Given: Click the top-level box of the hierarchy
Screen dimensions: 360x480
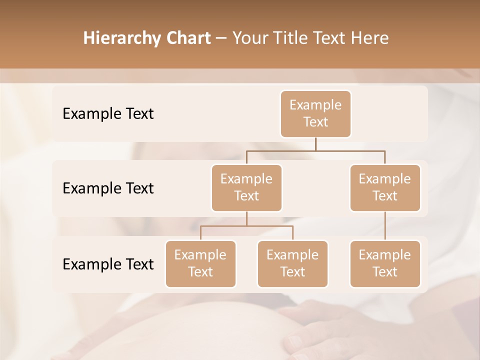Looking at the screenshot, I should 315,114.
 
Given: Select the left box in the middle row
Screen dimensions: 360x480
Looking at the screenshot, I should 246,188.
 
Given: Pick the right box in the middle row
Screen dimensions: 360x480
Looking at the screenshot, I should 385,188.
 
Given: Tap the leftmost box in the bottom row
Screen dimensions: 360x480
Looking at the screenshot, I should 200,264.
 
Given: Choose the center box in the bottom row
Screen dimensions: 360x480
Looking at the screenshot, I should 292,264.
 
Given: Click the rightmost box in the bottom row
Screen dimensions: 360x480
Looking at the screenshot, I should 385,264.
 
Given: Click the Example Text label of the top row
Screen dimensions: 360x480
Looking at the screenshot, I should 108,114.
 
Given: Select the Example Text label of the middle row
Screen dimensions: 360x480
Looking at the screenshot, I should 108,188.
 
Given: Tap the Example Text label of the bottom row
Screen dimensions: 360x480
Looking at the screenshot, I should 108,264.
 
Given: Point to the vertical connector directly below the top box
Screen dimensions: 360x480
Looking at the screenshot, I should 315,144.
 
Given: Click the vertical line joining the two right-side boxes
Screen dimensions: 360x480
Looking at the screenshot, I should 385,226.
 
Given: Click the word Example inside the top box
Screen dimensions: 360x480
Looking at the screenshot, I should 315,105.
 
